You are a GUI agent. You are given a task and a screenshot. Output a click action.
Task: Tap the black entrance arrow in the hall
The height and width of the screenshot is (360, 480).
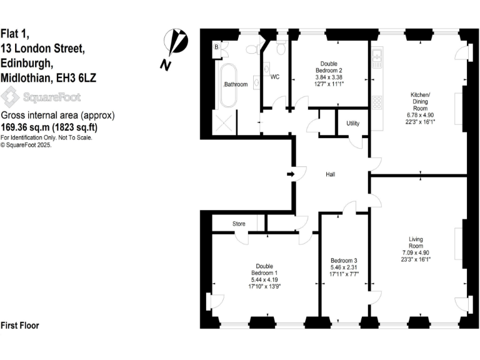(x=291, y=174)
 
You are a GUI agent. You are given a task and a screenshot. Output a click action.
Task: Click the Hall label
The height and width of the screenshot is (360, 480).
(x=331, y=174)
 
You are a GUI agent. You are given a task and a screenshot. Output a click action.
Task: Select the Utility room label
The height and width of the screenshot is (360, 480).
(x=352, y=123)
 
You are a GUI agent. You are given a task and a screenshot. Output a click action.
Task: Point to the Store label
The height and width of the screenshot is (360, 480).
(x=239, y=224)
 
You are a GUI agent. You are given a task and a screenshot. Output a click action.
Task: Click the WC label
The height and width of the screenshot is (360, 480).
(x=274, y=77)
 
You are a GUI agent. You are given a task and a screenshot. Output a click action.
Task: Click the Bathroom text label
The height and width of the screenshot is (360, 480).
(x=236, y=84)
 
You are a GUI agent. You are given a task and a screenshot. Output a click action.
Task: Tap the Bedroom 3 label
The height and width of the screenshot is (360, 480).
(x=344, y=260)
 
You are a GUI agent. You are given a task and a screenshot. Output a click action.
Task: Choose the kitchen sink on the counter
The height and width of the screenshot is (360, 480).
(x=377, y=59)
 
